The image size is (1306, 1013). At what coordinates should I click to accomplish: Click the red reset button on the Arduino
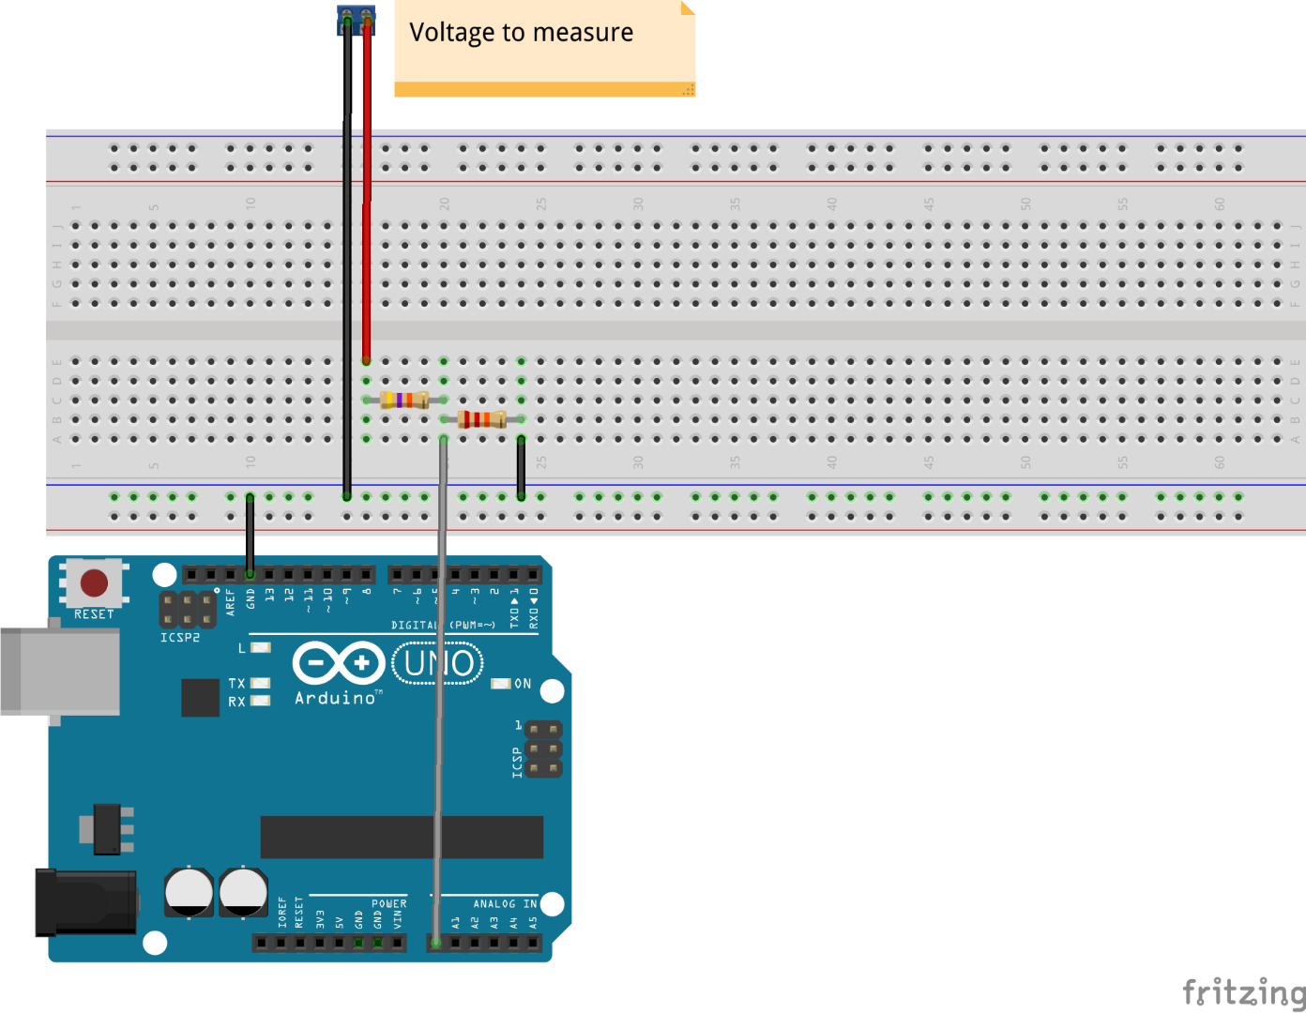[x=94, y=582]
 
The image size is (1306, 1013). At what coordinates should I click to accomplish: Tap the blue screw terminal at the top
[x=357, y=20]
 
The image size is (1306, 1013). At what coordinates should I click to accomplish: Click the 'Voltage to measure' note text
[x=522, y=33]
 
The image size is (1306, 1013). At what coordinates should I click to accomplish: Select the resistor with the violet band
[x=404, y=401]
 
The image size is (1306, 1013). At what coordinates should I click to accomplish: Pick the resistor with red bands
[x=481, y=419]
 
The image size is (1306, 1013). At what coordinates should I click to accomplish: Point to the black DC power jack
[x=86, y=902]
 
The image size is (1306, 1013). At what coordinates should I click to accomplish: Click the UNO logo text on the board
[x=438, y=663]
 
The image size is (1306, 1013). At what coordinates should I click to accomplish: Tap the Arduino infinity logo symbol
[x=338, y=663]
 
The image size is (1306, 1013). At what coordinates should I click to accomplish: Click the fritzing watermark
[x=1243, y=991]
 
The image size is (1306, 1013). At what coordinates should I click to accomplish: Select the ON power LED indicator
[x=501, y=684]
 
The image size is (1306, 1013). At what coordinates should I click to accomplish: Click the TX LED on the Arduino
[x=261, y=683]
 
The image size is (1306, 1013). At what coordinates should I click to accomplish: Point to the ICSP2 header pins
[x=188, y=609]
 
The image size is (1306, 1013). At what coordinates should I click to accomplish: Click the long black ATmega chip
[x=402, y=837]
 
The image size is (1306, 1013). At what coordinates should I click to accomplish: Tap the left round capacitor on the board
[x=189, y=892]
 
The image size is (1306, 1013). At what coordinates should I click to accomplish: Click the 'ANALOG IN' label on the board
[x=505, y=904]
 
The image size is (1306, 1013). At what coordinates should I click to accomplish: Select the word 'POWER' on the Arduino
[x=388, y=904]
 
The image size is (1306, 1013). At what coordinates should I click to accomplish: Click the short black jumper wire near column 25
[x=521, y=467]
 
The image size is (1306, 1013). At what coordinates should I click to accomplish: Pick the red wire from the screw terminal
[x=367, y=188]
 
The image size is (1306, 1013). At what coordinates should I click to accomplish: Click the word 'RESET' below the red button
[x=94, y=614]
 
